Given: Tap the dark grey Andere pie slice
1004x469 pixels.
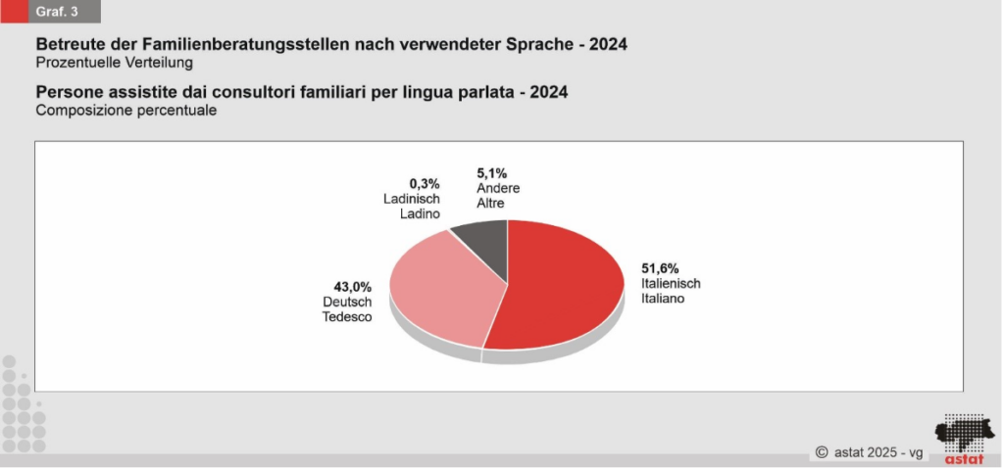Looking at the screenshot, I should point(485,240).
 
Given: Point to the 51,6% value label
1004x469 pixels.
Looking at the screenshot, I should point(660,267).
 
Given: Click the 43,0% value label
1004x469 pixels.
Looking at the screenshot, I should point(353,287).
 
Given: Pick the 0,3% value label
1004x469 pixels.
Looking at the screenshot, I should point(426,183).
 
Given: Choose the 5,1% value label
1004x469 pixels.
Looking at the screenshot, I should point(492,173).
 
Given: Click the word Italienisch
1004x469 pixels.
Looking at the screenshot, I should point(671,283).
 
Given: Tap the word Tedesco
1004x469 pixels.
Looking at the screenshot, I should point(347,317).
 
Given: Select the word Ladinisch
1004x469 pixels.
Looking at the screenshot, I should point(412,199).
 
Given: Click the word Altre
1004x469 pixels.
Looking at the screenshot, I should point(490,204).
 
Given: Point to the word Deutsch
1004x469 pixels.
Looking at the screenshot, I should point(347,303).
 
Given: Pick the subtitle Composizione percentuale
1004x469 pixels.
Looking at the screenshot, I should point(125,111).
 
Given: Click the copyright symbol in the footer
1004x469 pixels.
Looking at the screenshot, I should point(822,452).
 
